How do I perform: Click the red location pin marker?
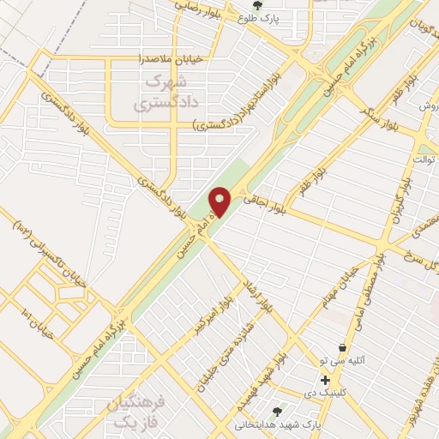coord(220,201)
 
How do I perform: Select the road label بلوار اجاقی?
coord(255,200)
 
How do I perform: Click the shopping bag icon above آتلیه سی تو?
coord(342,348)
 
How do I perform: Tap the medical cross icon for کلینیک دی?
coord(325,380)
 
